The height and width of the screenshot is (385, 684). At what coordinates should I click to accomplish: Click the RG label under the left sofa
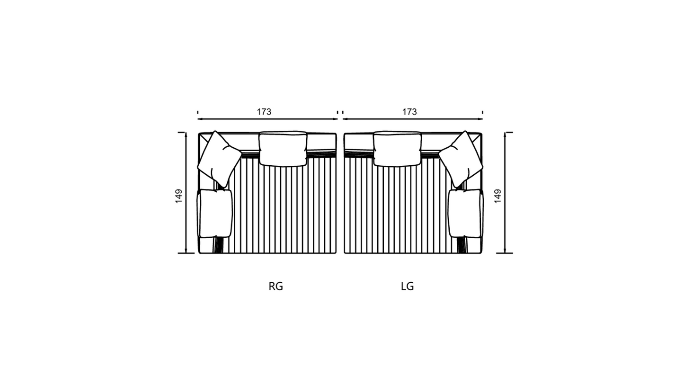click(x=276, y=287)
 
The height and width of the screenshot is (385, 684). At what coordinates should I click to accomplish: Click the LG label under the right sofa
click(x=408, y=287)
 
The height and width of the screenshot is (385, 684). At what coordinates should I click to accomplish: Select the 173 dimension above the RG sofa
click(x=264, y=112)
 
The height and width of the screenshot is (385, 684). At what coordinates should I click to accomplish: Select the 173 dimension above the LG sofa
click(x=409, y=112)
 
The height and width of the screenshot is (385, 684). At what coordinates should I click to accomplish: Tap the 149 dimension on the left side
click(x=178, y=196)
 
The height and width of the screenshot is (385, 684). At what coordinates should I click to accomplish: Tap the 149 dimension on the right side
click(x=497, y=196)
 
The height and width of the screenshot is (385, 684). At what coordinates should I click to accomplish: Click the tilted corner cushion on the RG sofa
click(x=219, y=159)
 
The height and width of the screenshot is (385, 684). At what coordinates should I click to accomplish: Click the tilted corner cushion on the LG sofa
click(x=461, y=159)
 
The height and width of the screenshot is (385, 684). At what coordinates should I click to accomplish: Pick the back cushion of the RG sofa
click(x=283, y=149)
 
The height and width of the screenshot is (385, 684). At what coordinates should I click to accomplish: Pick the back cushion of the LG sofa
click(x=397, y=149)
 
